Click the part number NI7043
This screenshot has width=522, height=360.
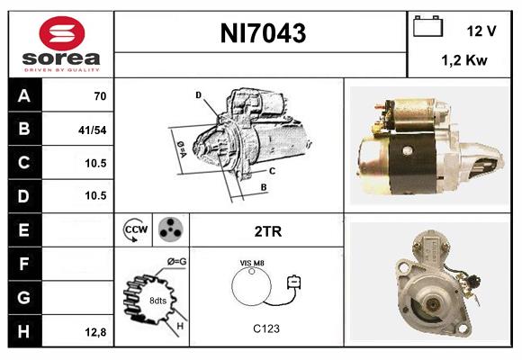pos(263,33)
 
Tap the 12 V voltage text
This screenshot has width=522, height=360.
pos(481,31)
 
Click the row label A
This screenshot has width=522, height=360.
pos(23,94)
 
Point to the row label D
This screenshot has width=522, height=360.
pos(23,195)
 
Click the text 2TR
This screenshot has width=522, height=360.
pos(268,231)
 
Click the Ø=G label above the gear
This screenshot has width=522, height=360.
pos(176,262)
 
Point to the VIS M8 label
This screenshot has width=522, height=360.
pos(253,262)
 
